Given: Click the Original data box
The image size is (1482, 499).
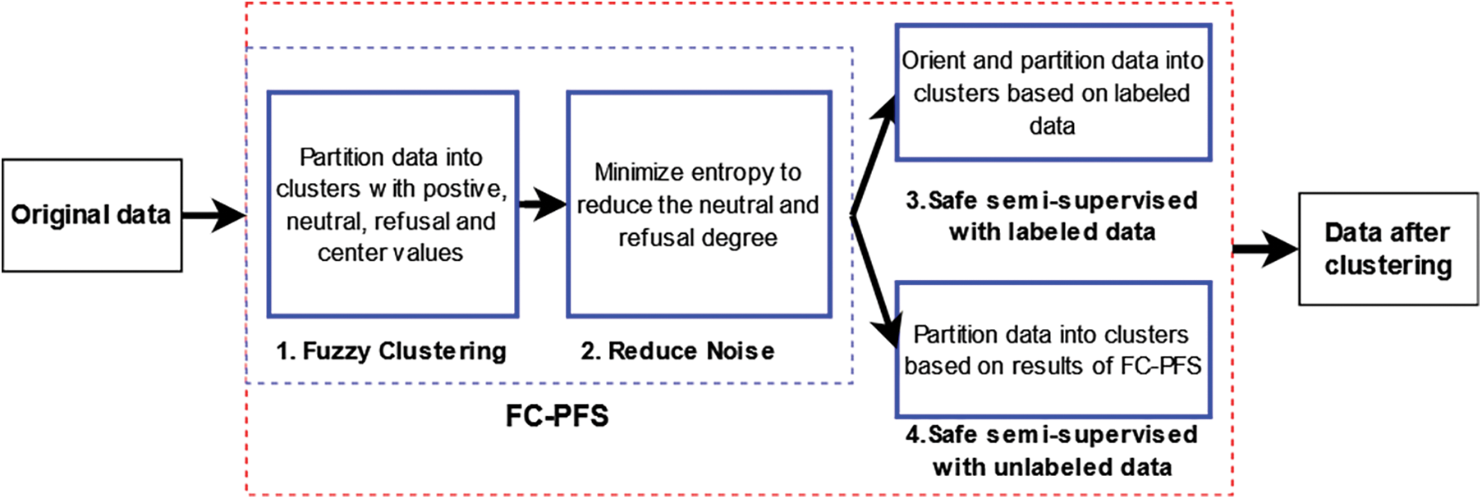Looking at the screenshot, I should pyautogui.click(x=92, y=215).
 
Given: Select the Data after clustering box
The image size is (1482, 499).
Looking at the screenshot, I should pyautogui.click(x=1388, y=249).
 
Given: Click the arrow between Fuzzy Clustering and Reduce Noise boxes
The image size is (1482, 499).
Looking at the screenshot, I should pyautogui.click(x=543, y=204).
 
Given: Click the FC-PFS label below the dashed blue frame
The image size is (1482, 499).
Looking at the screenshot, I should pyautogui.click(x=557, y=416).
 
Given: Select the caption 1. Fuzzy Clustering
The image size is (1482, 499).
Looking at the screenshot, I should pyautogui.click(x=392, y=351).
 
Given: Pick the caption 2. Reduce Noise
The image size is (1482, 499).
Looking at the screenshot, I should pyautogui.click(x=677, y=351).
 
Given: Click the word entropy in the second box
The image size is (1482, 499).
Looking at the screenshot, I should pyautogui.click(x=733, y=172).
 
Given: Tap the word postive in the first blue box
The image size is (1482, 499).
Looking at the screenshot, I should pyautogui.click(x=470, y=189).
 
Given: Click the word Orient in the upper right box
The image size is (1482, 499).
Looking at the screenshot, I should pyautogui.click(x=934, y=61).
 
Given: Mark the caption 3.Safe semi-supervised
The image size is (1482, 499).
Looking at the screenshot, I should pyautogui.click(x=1052, y=200).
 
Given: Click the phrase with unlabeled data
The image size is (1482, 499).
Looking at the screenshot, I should pyautogui.click(x=1052, y=468).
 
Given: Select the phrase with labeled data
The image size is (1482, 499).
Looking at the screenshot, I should pyautogui.click(x=1052, y=232).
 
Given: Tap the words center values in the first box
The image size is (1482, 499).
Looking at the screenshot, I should pyautogui.click(x=390, y=253).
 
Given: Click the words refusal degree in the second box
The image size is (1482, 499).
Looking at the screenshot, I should pyautogui.click(x=697, y=238).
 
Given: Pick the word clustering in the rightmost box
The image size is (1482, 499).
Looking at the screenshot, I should pyautogui.click(x=1388, y=266).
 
